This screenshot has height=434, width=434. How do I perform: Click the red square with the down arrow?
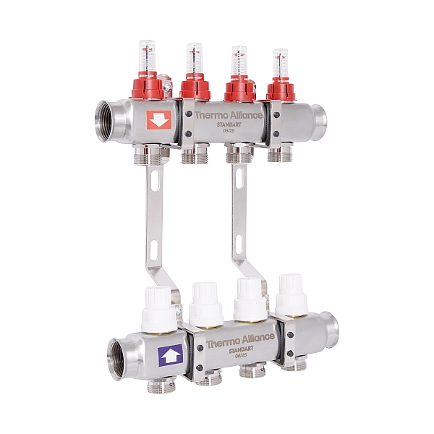(x=158, y=120)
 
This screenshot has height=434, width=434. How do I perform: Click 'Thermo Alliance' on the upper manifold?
(x=228, y=114)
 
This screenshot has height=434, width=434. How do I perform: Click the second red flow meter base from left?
(x=195, y=89)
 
